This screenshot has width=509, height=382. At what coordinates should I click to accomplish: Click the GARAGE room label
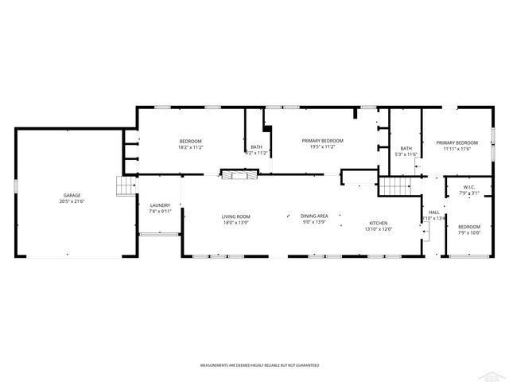(72, 195)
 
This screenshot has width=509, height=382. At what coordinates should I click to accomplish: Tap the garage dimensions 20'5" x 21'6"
(72, 201)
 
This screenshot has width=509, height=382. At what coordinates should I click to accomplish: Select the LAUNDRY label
(160, 205)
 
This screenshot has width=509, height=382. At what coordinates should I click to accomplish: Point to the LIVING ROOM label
(235, 216)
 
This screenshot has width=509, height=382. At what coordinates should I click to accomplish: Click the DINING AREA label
(314, 216)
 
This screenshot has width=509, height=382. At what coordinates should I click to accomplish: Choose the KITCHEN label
(378, 223)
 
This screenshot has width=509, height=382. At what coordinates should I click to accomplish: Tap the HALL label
(434, 212)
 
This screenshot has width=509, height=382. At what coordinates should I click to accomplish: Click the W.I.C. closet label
(469, 187)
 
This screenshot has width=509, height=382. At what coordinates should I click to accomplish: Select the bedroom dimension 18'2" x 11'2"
(190, 147)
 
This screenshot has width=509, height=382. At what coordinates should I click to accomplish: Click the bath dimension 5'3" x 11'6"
(406, 154)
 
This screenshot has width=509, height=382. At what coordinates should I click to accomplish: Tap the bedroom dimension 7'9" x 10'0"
(469, 232)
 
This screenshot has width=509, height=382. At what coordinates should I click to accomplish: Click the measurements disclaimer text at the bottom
(259, 364)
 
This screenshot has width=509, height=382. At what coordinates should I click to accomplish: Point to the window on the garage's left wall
(14, 185)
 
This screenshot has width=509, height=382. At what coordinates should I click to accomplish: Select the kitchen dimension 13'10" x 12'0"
(378, 229)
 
